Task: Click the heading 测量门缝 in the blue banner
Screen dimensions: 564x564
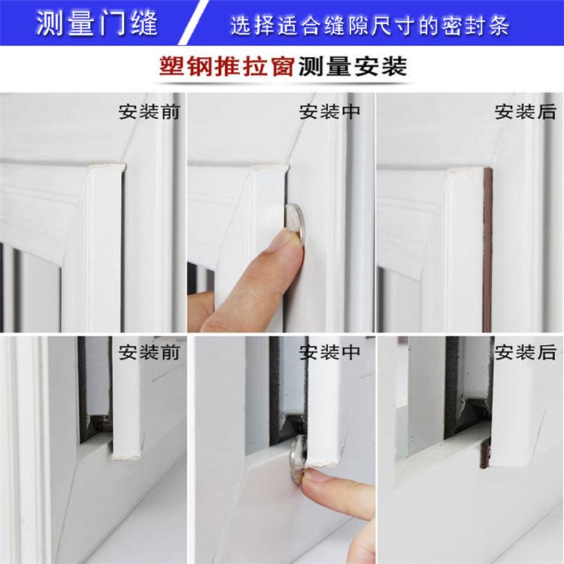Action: (x=97, y=23)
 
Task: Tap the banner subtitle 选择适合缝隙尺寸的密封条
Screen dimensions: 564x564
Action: (x=370, y=25)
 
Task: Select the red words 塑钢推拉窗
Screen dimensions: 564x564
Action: (x=227, y=66)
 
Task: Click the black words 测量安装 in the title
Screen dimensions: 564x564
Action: (x=353, y=66)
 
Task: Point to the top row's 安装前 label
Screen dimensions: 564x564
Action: (x=149, y=111)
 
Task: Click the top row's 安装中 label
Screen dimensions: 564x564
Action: (x=329, y=111)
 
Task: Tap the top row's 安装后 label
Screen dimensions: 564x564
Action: (x=525, y=111)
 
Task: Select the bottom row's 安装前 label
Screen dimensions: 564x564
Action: (x=149, y=352)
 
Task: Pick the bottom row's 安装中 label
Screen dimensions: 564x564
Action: (x=329, y=352)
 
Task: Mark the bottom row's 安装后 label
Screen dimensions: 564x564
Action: (x=525, y=352)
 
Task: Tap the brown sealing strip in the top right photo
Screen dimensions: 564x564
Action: (x=487, y=250)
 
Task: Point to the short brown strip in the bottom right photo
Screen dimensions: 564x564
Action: (x=485, y=455)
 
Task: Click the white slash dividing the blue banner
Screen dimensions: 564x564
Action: (x=194, y=23)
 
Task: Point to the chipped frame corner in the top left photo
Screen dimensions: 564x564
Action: (x=108, y=166)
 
